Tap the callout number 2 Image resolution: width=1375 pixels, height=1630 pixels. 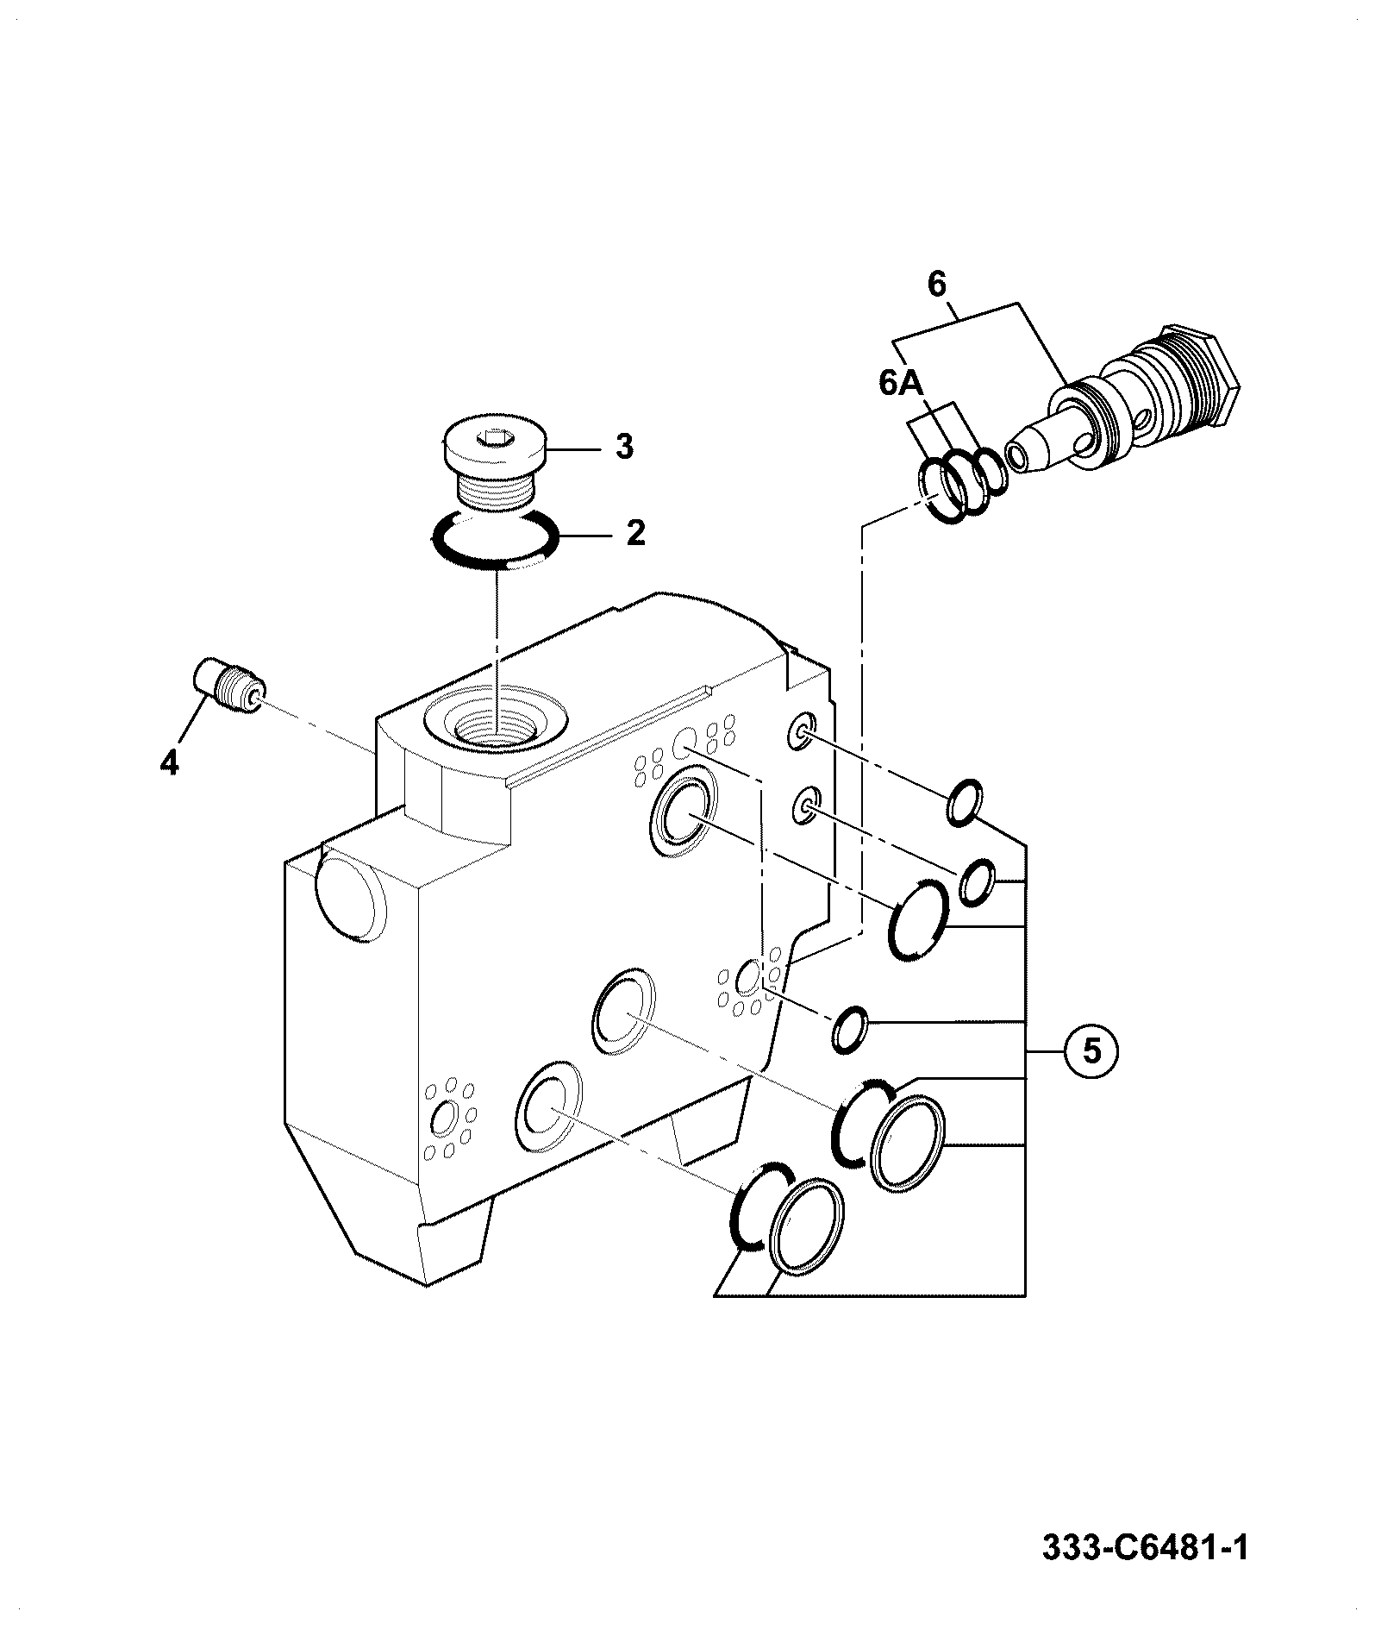635,533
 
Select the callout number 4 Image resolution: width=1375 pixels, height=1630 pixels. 169,762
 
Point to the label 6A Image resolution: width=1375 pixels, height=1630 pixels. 901,383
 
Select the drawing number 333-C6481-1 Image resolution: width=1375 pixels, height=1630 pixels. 1146,1548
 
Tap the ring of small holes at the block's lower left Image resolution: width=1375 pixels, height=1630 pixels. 447,1118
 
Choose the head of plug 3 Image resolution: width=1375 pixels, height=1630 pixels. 494,449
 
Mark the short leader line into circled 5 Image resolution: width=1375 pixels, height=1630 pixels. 1045,1051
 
